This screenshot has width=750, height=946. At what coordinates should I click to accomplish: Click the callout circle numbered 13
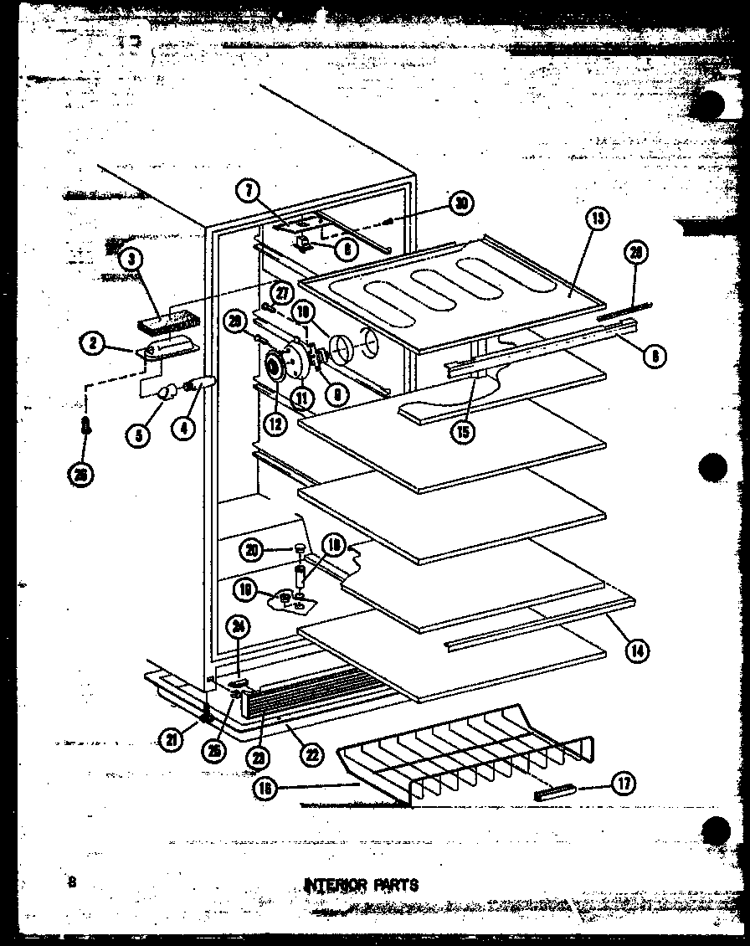coord(597,220)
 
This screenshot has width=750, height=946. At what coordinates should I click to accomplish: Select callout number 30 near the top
coord(460,202)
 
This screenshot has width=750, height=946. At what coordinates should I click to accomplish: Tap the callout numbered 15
coord(462,432)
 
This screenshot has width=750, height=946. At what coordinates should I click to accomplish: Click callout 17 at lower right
coord(624,784)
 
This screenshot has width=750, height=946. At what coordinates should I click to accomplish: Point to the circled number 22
coord(312,754)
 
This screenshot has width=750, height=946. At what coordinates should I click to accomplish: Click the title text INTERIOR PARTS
coord(361,884)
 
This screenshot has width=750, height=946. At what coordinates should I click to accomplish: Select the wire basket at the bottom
coord(469,758)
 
